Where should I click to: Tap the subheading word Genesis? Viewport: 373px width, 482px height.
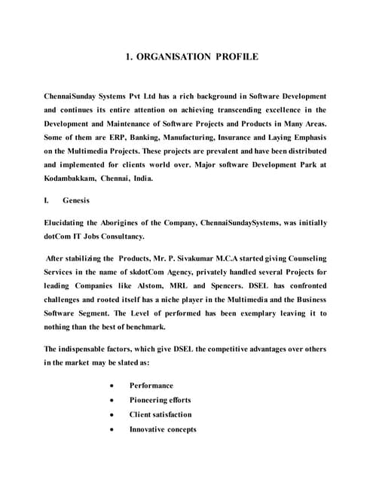(76, 201)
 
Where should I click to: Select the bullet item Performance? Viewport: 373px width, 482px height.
(151, 386)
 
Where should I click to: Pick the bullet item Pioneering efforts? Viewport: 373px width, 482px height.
(160, 400)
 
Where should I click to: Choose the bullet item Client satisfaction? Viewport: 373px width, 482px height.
(161, 414)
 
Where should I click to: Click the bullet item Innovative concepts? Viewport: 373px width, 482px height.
(163, 429)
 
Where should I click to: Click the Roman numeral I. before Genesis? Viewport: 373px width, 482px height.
(47, 201)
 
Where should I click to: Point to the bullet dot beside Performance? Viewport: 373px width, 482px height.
(112, 386)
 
